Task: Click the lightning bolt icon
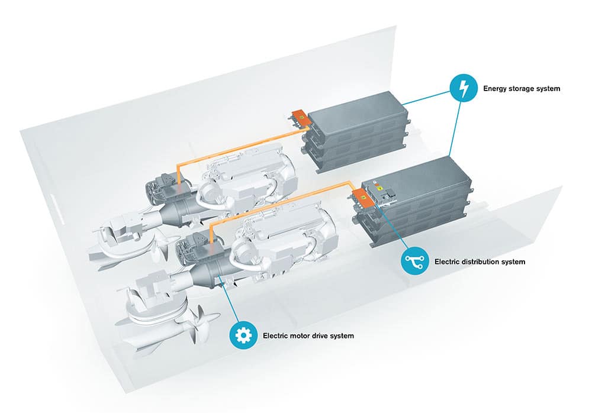464,89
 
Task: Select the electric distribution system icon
415,261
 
